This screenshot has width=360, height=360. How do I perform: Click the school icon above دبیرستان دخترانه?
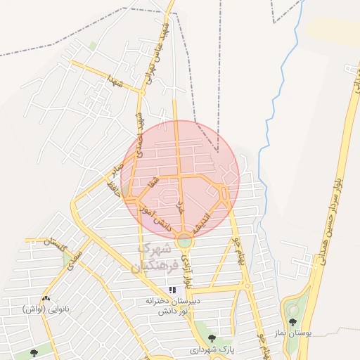172,290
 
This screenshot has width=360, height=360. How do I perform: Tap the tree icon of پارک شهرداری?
212,338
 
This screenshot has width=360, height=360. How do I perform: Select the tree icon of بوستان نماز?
292,322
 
